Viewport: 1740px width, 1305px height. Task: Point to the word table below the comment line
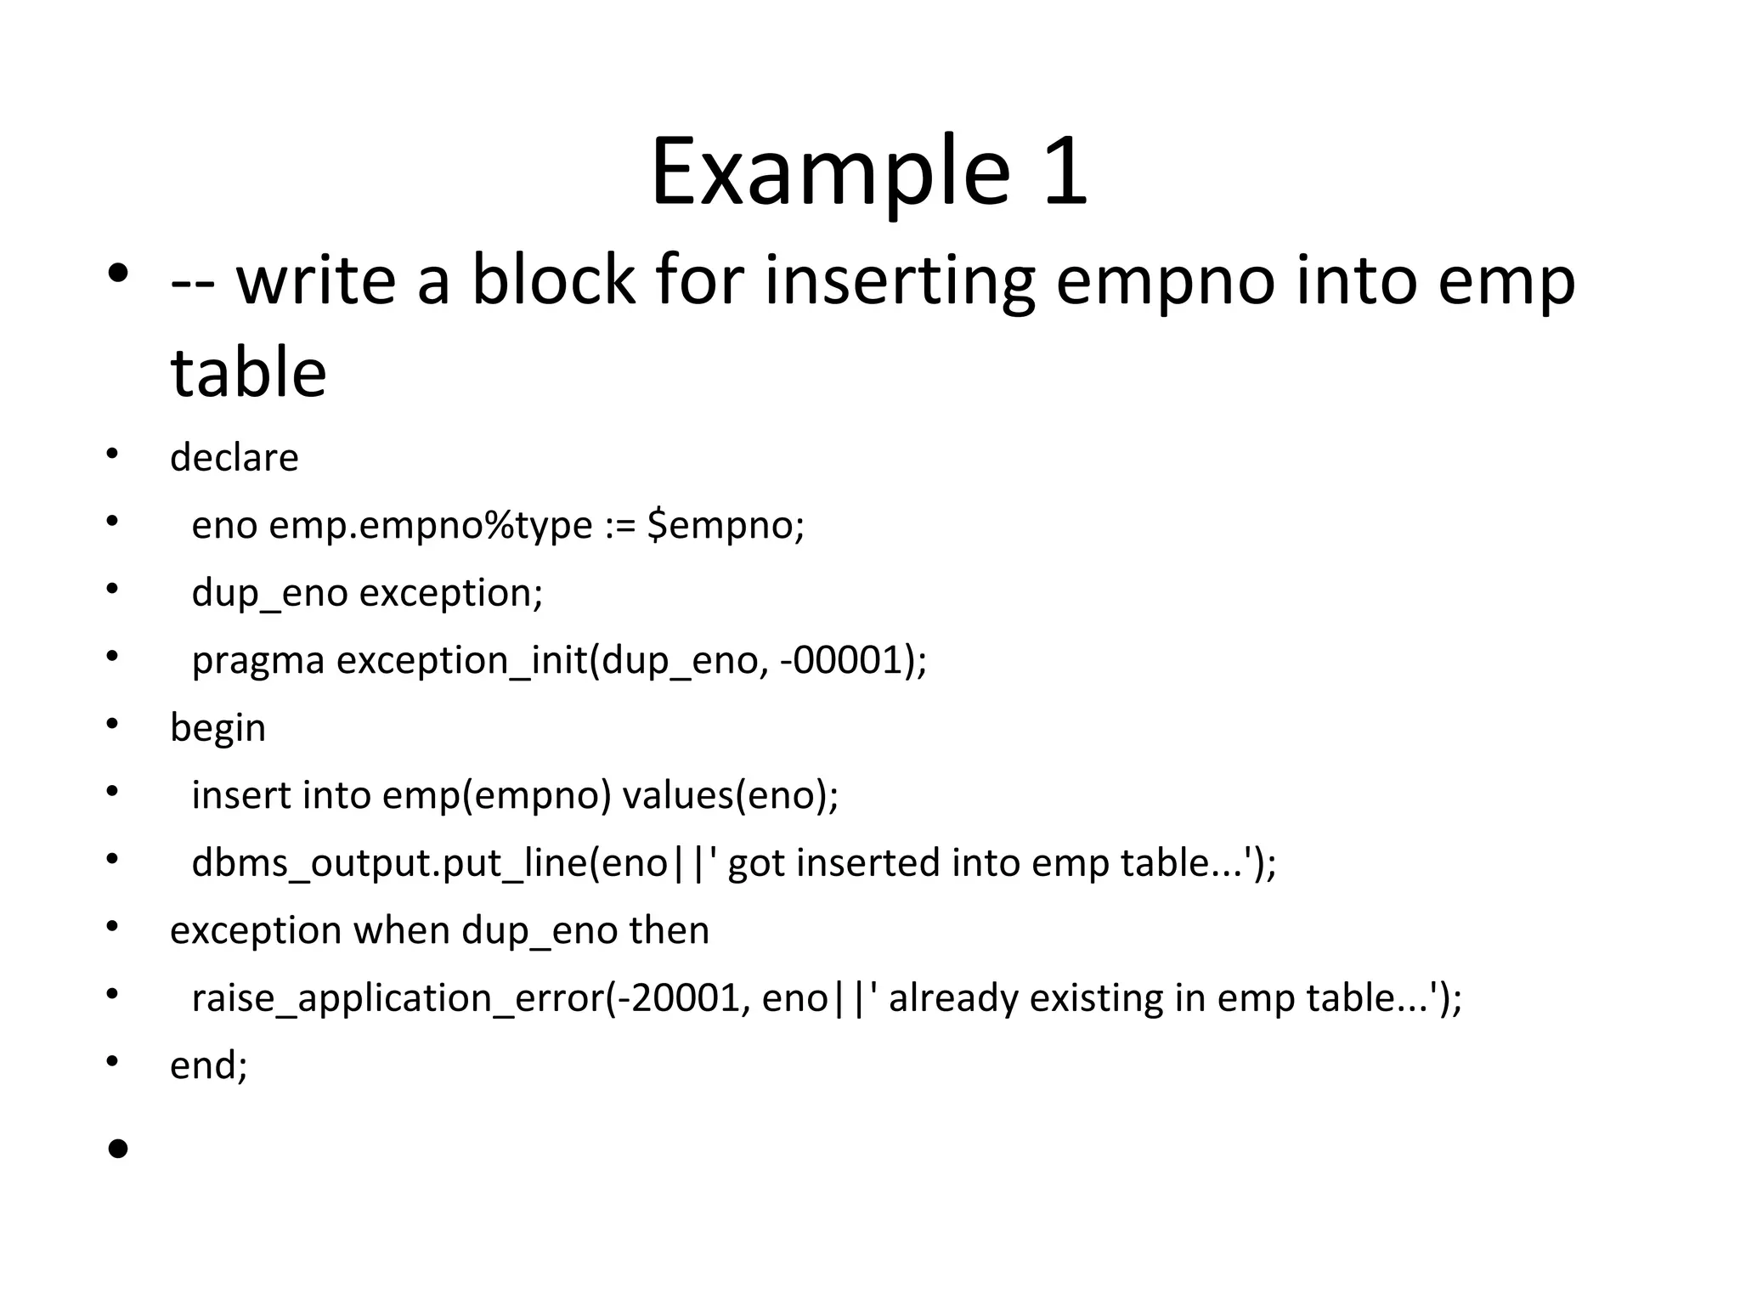248,373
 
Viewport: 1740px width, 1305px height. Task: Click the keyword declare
234,458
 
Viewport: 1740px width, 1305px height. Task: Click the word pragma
258,661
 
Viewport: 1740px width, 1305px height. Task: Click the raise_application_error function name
398,998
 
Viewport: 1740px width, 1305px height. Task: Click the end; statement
209,1065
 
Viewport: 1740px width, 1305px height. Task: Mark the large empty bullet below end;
118,1149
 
